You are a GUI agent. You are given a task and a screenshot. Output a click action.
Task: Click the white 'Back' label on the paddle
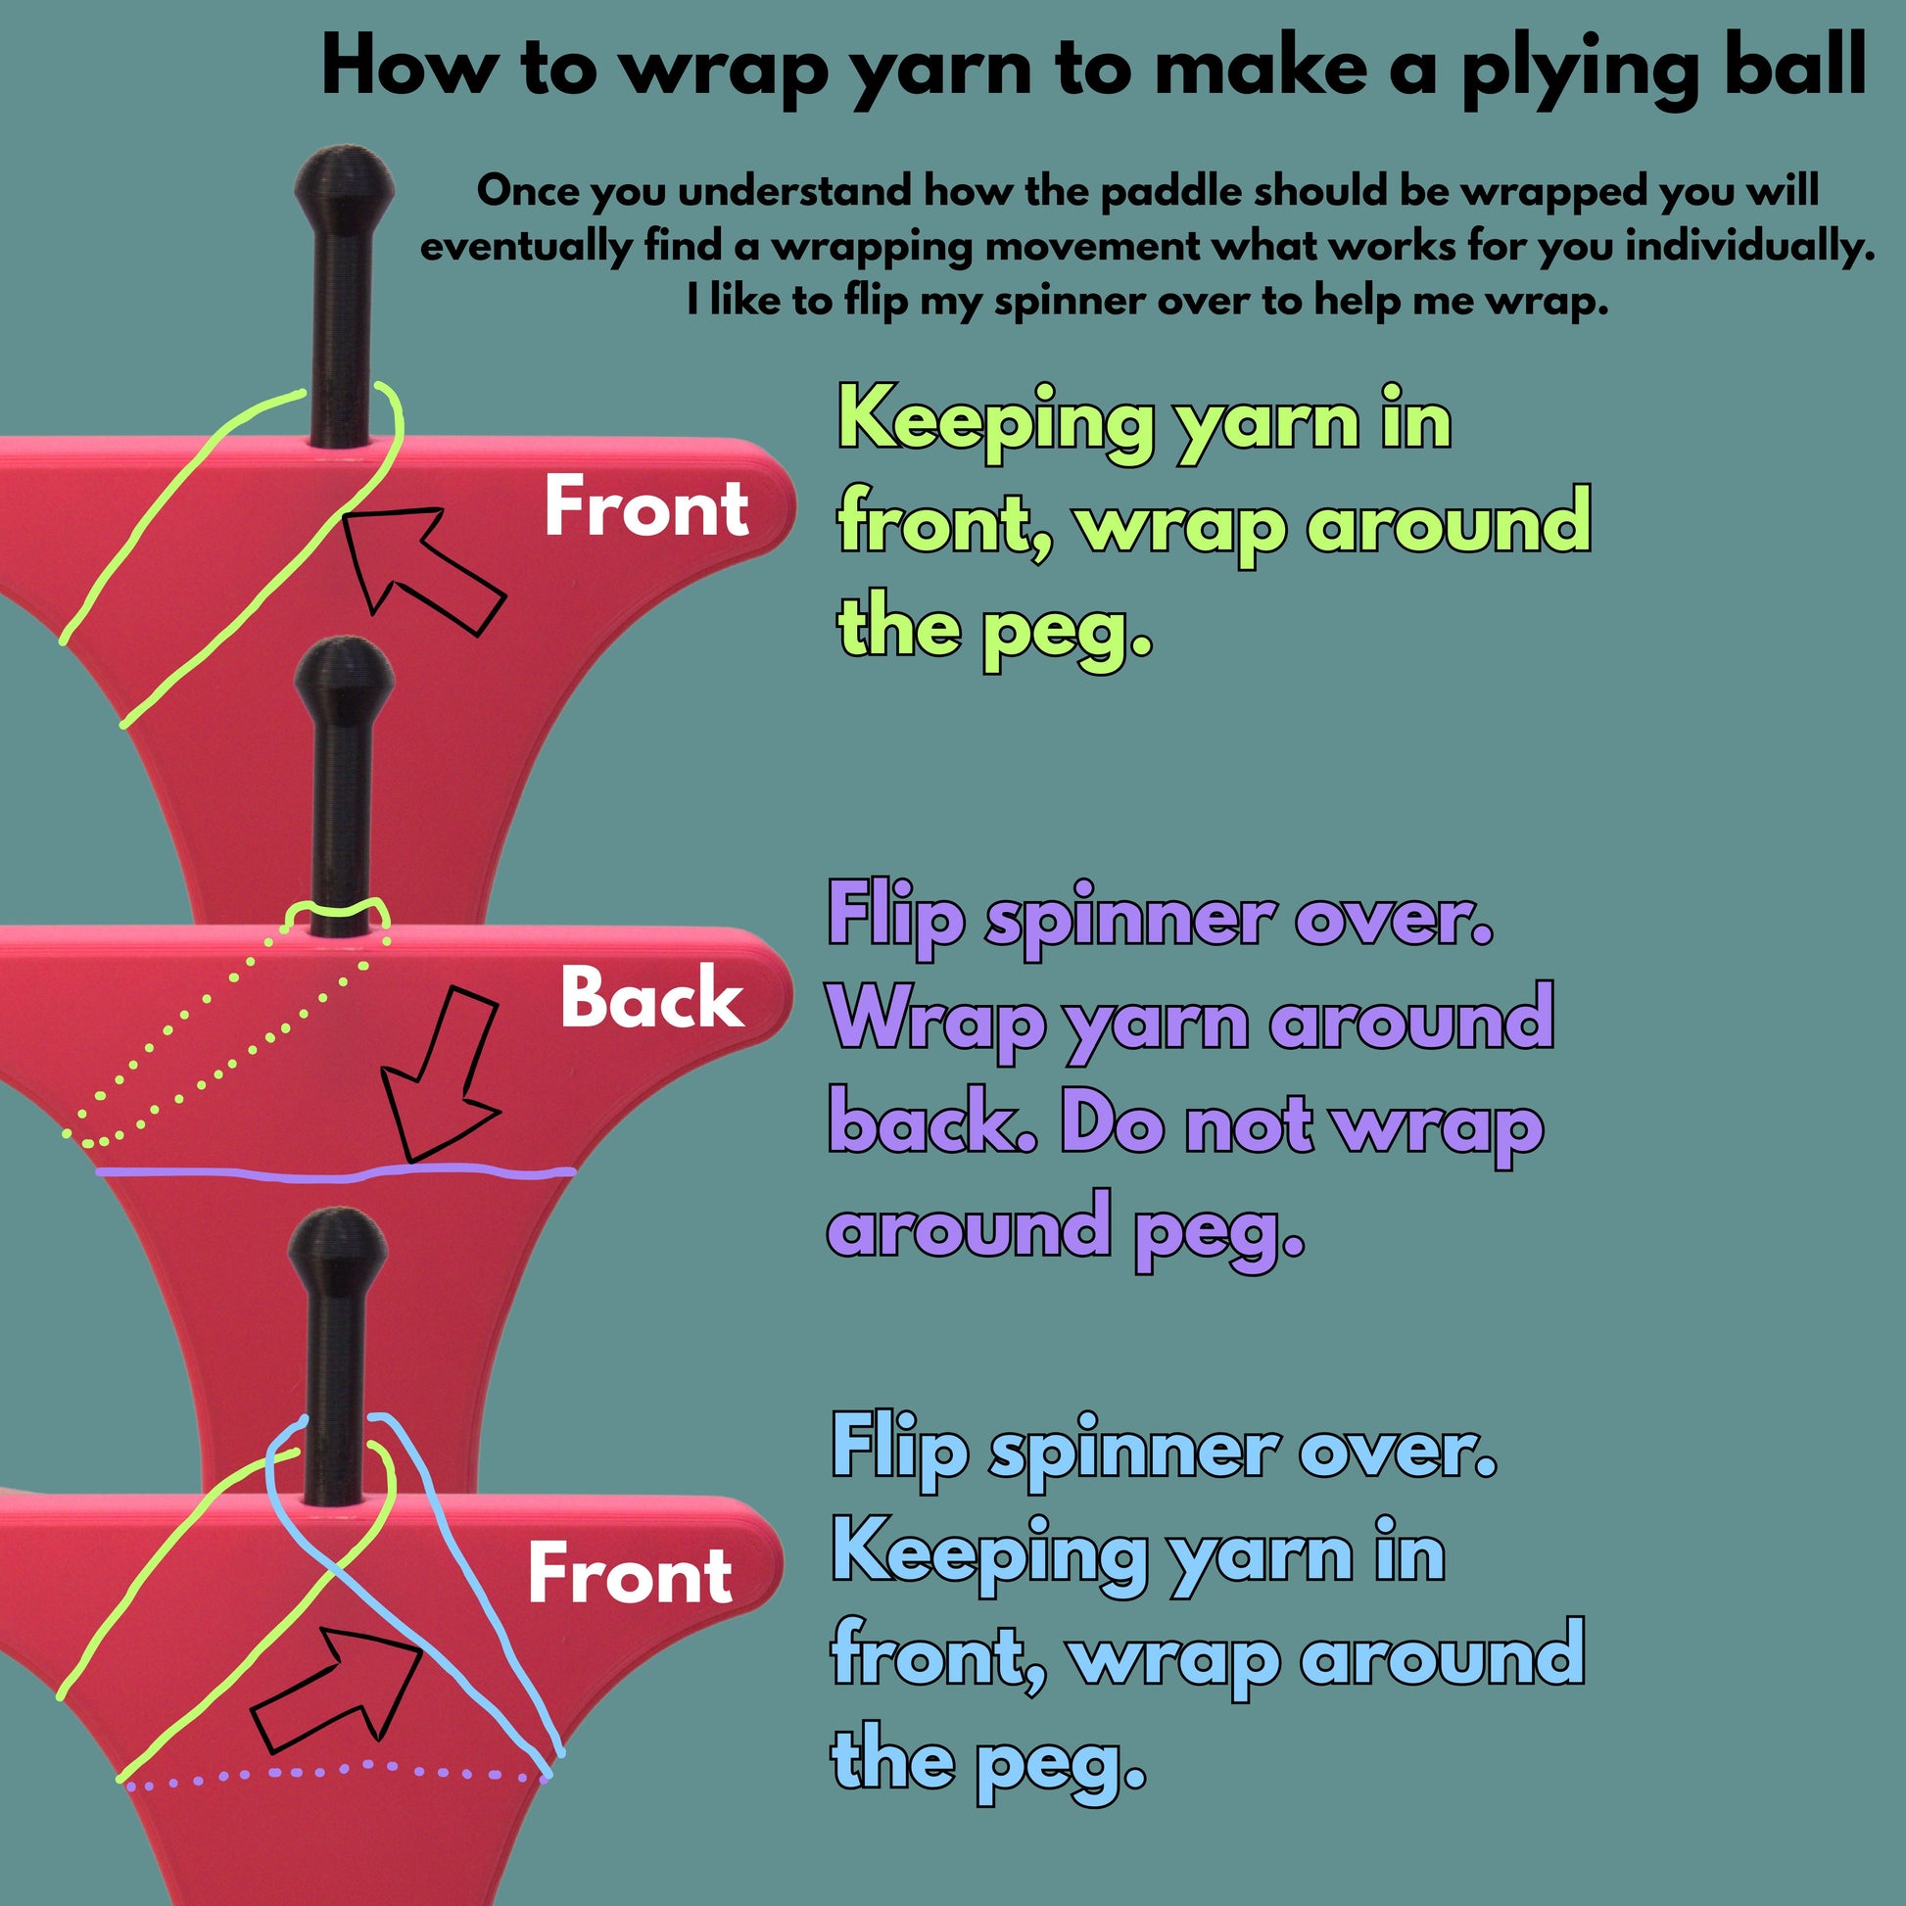coord(651,997)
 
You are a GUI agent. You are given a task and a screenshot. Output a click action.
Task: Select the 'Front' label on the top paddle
coord(646,508)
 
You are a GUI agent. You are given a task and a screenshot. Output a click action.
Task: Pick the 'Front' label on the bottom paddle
coord(630,1574)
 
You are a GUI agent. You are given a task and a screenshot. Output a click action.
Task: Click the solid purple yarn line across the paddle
coord(335,1174)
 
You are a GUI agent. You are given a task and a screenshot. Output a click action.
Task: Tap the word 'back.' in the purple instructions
coord(931,1124)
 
